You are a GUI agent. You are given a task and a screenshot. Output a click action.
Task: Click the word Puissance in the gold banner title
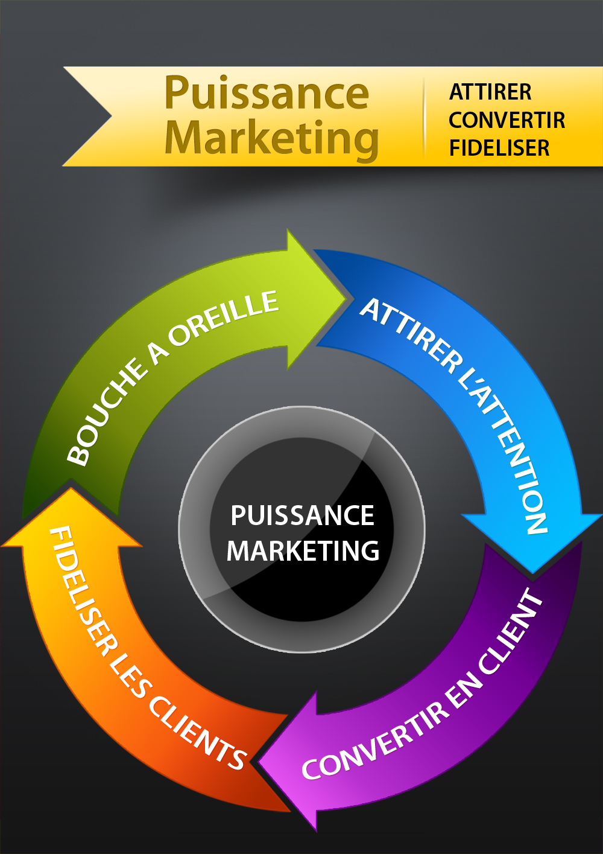tap(266, 94)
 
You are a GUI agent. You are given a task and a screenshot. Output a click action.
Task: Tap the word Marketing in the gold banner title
tap(271, 138)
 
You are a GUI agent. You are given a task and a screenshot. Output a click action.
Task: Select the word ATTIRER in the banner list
tap(490, 92)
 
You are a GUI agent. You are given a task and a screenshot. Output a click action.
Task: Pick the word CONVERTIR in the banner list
tap(507, 120)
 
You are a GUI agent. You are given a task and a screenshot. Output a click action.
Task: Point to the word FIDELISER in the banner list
tap(499, 148)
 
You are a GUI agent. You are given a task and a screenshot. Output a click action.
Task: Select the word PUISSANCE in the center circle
tap(302, 516)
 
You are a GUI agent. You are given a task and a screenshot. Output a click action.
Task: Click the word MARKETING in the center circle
tap(303, 551)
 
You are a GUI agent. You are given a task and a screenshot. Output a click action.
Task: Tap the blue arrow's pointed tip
tap(533, 570)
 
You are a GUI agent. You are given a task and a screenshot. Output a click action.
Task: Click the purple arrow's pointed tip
tap(260, 762)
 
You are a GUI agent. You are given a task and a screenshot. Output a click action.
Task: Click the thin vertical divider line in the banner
tap(425, 118)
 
